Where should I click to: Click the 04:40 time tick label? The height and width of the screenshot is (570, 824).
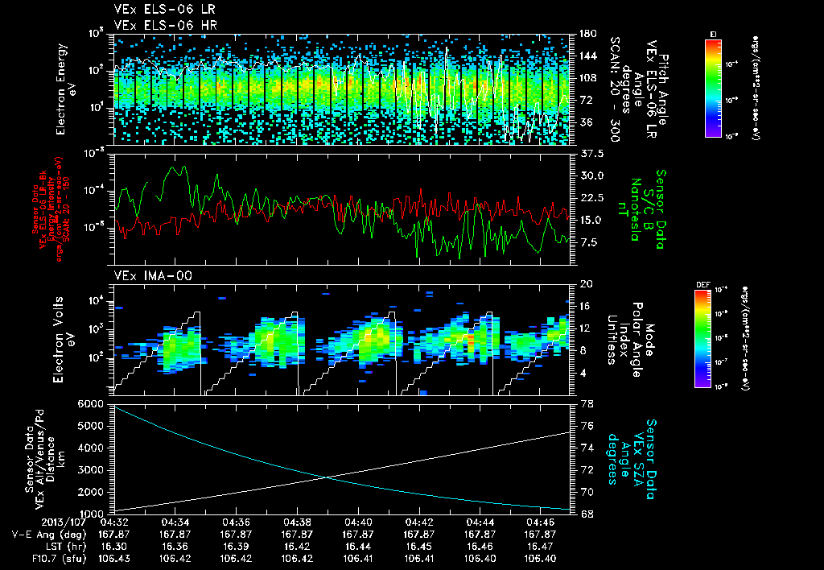click(358, 522)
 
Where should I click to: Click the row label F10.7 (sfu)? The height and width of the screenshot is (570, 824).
click(54, 558)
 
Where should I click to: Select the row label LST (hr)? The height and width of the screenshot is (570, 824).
click(64, 546)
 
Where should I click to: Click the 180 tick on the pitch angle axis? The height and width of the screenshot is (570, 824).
click(587, 34)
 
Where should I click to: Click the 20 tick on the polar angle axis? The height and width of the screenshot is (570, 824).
click(585, 284)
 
